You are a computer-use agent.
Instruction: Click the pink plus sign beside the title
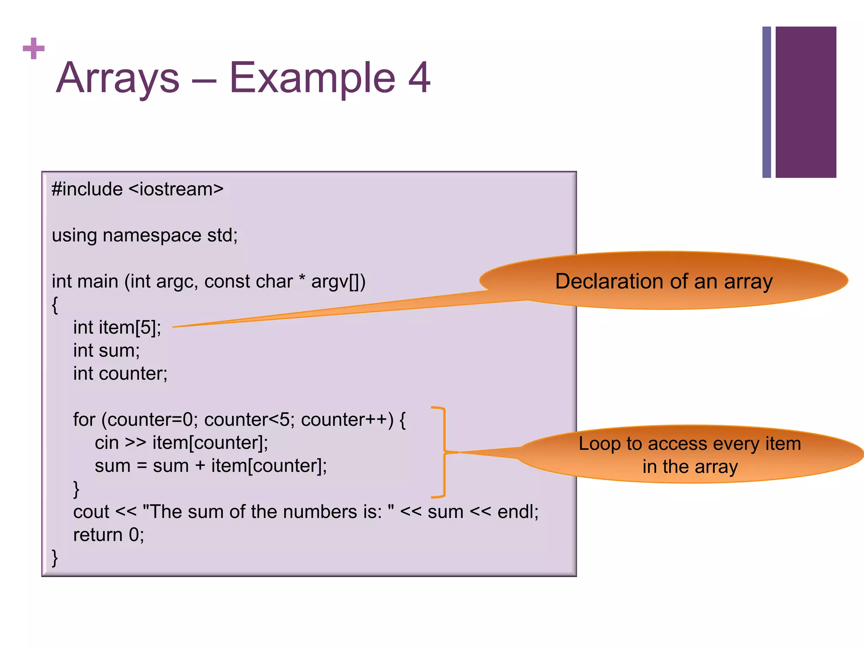click(x=33, y=49)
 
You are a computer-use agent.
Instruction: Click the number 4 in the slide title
click(x=418, y=78)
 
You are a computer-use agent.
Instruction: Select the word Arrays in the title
click(x=118, y=78)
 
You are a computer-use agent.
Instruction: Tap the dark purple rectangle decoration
click(x=805, y=102)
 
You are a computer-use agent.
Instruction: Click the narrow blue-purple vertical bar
click(x=767, y=102)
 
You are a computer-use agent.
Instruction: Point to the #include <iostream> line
click(x=138, y=189)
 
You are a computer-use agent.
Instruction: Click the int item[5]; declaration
click(x=117, y=328)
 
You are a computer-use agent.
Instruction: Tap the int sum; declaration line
click(x=106, y=351)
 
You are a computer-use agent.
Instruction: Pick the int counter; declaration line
click(x=120, y=374)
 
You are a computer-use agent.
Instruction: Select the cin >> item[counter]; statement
click(x=181, y=443)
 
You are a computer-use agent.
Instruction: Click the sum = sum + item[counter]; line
click(x=211, y=466)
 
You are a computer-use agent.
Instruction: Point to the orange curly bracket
click(x=443, y=452)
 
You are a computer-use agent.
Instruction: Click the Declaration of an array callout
click(x=664, y=281)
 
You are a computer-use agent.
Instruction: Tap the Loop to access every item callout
click(x=690, y=455)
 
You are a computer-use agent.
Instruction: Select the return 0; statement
click(x=108, y=535)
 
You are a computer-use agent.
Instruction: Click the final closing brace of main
click(x=55, y=558)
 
